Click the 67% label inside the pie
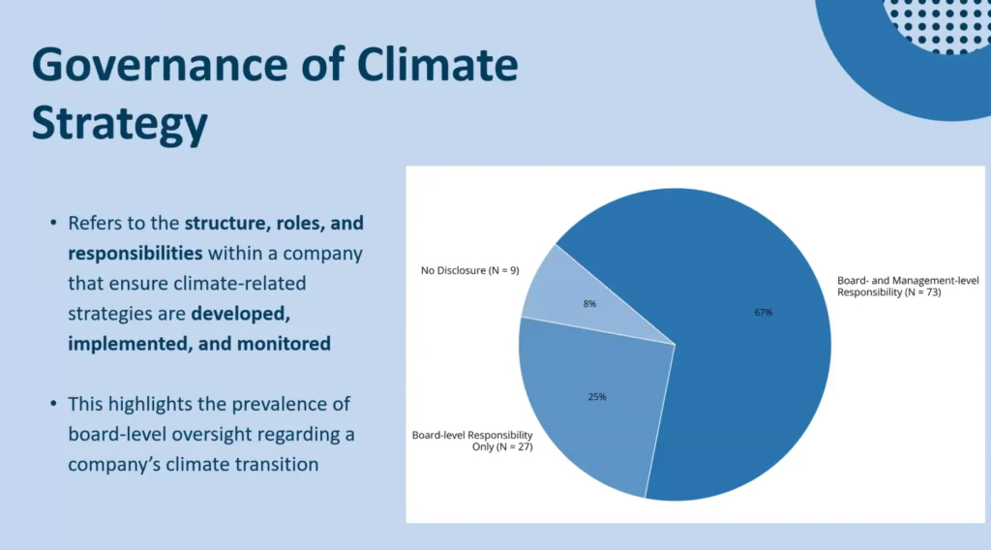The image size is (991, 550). tap(763, 313)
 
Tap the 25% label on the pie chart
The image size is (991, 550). tap(597, 397)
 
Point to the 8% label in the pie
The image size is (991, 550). tap(589, 304)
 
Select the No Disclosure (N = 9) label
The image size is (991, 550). tap(469, 270)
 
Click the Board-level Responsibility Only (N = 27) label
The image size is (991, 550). tap(472, 441)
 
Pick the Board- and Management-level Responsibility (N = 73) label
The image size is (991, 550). tap(908, 287)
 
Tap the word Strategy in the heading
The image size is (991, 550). tap(119, 124)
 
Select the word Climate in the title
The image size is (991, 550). tap(436, 65)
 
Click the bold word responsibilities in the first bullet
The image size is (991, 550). tap(135, 254)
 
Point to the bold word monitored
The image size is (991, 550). tap(284, 344)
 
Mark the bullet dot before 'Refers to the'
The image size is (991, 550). tap(53, 223)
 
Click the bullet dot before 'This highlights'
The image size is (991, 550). tap(53, 404)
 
